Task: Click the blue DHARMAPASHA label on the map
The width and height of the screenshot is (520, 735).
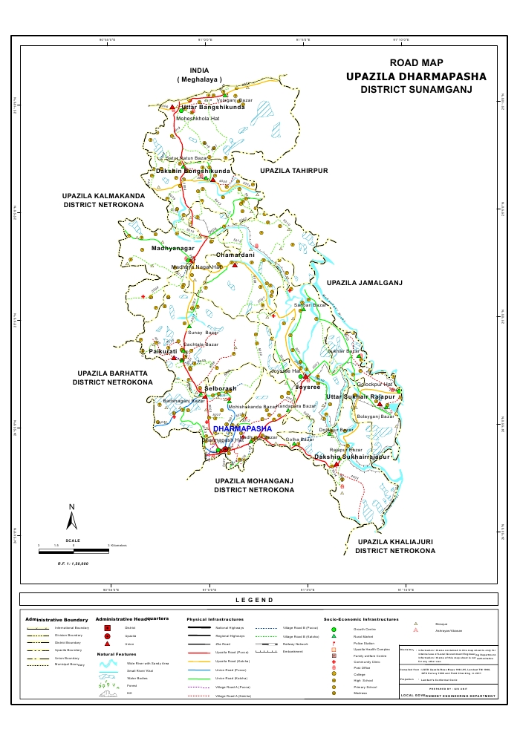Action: pyautogui.click(x=242, y=429)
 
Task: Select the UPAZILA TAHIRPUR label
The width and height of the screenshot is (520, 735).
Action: pyautogui.click(x=293, y=171)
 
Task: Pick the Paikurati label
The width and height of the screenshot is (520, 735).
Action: pyautogui.click(x=163, y=350)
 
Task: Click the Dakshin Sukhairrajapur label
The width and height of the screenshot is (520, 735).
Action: pyautogui.click(x=351, y=457)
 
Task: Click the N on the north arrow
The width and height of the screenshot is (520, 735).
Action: pyautogui.click(x=71, y=507)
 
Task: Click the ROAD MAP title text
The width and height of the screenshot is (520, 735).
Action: pyautogui.click(x=415, y=63)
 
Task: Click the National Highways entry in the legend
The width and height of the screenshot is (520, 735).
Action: pyautogui.click(x=230, y=628)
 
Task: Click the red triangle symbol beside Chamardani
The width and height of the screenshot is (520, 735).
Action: pyautogui.click(x=234, y=266)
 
